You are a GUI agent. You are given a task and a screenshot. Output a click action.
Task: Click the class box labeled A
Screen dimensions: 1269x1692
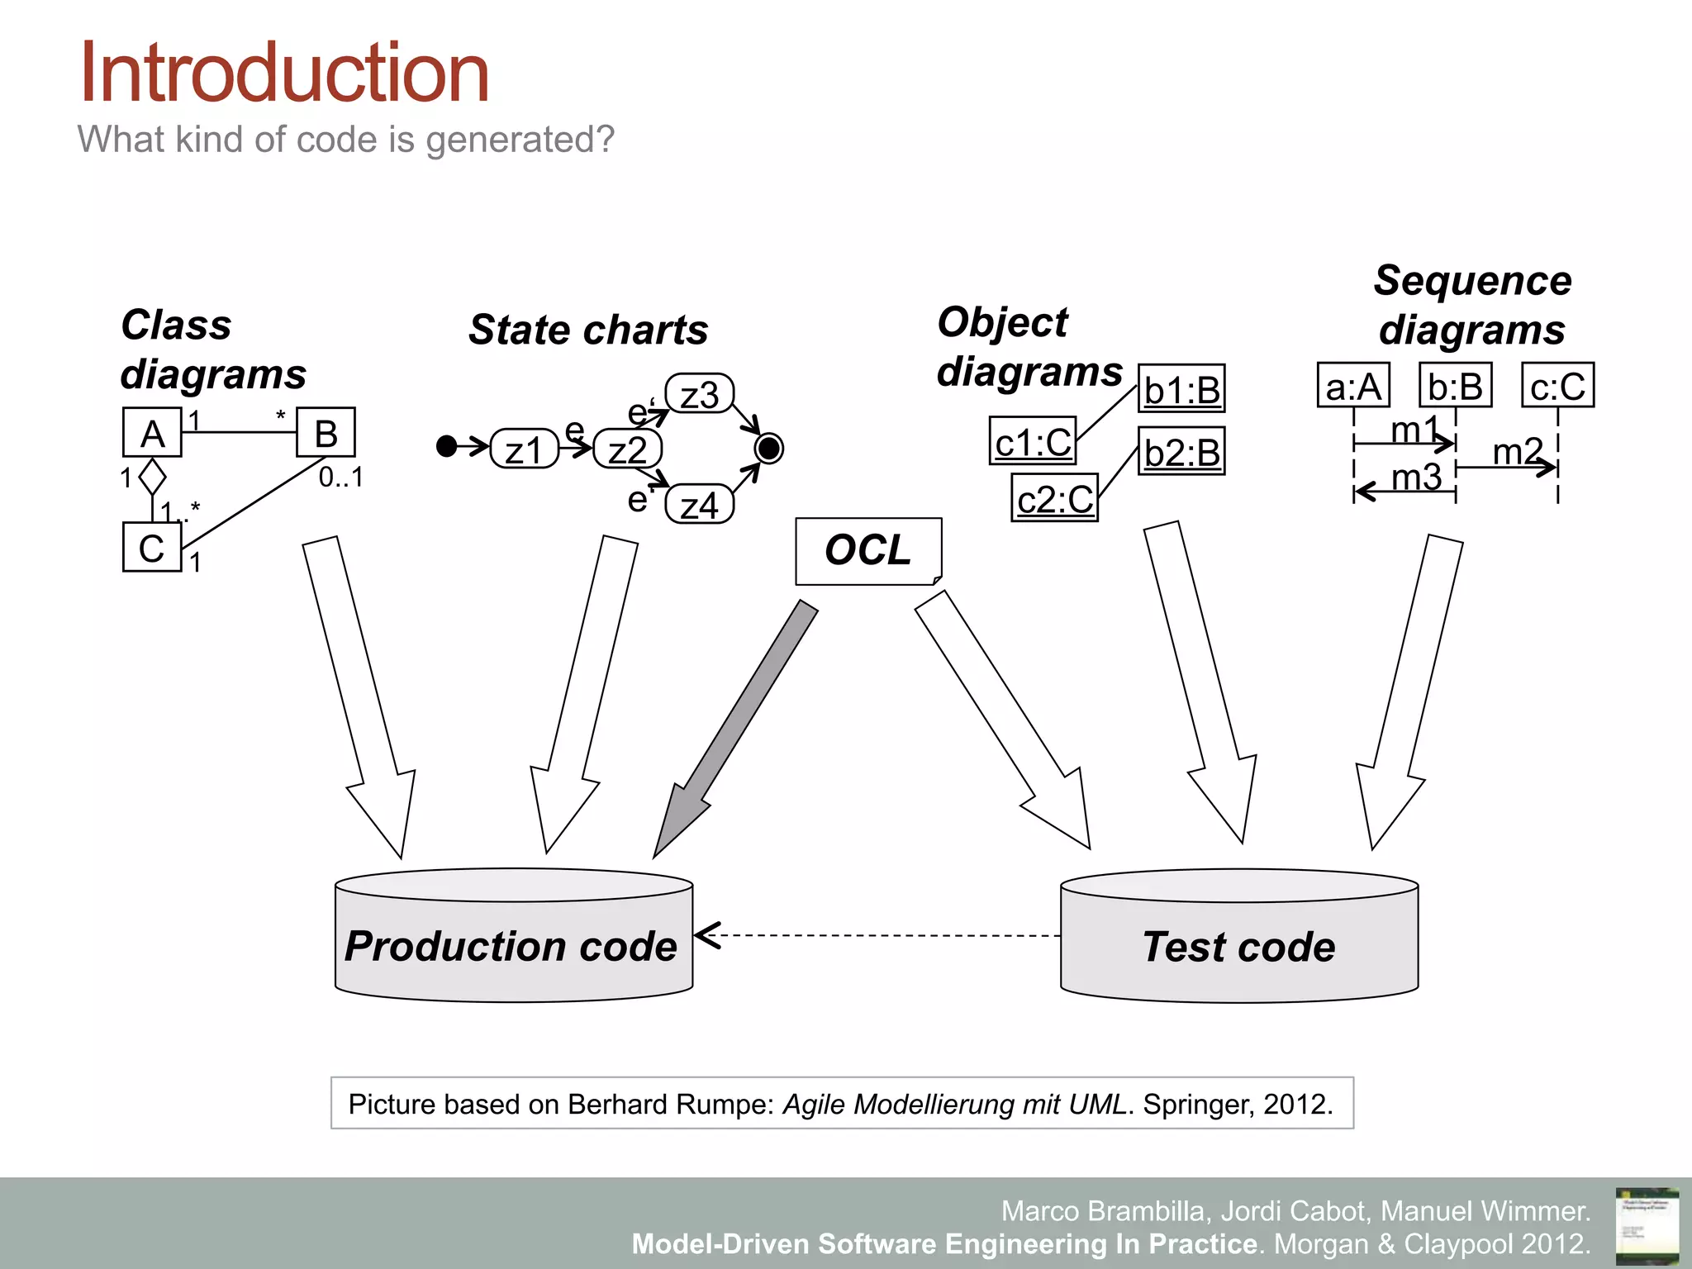pos(152,432)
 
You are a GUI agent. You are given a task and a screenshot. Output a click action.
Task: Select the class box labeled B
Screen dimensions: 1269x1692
pos(326,432)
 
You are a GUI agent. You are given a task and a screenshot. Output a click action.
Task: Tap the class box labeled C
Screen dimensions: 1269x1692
pos(151,547)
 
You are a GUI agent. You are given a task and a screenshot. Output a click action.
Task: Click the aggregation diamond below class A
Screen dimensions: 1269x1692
pos(152,477)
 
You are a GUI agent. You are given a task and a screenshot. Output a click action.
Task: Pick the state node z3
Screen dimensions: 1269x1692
pos(699,394)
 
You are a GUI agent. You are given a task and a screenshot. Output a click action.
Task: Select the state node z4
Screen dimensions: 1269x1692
pos(699,505)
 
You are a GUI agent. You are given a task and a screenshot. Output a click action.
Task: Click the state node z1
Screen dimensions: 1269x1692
pos(524,449)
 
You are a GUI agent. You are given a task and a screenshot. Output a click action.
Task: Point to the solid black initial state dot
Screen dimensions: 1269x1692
pos(446,447)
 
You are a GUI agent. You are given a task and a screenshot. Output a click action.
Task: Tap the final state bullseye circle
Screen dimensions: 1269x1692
pos(769,449)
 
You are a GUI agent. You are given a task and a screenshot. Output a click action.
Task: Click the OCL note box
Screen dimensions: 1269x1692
pos(867,551)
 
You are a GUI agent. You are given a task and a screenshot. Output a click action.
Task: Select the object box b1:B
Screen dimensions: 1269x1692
pos(1181,388)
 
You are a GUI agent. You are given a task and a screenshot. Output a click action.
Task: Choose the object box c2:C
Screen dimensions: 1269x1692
pos(1054,497)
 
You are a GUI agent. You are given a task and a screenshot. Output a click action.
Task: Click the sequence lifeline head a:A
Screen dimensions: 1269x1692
pos(1353,385)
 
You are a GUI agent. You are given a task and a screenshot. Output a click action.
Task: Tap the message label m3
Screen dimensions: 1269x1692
pos(1416,477)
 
